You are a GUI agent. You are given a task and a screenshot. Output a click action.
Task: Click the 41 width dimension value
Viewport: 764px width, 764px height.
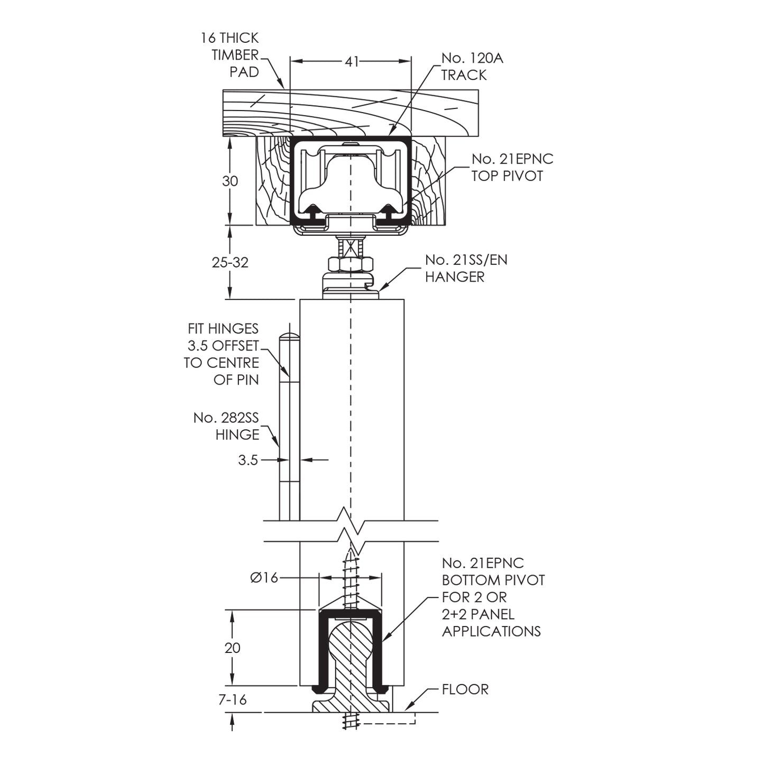point(351,62)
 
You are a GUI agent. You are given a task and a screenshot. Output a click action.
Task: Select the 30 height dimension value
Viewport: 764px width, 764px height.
point(230,181)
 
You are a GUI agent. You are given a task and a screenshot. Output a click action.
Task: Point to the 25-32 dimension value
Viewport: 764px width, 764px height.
point(230,262)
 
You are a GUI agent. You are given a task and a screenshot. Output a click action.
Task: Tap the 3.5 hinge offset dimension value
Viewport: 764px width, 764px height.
point(248,460)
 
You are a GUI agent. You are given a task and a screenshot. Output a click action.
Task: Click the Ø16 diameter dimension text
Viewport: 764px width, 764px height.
point(264,577)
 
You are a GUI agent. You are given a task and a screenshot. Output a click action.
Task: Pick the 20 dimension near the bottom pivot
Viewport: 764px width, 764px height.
point(233,648)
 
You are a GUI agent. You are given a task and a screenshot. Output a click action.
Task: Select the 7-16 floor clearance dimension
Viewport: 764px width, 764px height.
point(233,699)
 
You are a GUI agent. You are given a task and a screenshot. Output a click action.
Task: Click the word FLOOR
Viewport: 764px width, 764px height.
point(465,689)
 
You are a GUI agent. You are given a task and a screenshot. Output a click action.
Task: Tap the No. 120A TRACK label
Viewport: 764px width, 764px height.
point(472,67)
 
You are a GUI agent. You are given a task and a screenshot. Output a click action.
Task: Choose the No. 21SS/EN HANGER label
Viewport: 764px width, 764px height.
point(465,268)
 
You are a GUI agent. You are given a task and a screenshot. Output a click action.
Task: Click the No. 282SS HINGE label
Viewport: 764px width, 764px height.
point(227,426)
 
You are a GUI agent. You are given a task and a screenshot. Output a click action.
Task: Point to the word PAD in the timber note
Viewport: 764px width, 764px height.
point(244,72)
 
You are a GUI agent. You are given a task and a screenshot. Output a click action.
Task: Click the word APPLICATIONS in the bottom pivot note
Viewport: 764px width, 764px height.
point(491,631)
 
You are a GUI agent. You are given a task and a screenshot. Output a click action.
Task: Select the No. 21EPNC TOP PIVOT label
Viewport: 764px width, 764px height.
point(512,167)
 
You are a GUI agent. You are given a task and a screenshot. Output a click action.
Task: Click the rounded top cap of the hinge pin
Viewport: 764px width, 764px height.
point(289,337)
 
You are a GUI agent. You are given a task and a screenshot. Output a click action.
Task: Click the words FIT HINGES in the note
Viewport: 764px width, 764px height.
point(223,329)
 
